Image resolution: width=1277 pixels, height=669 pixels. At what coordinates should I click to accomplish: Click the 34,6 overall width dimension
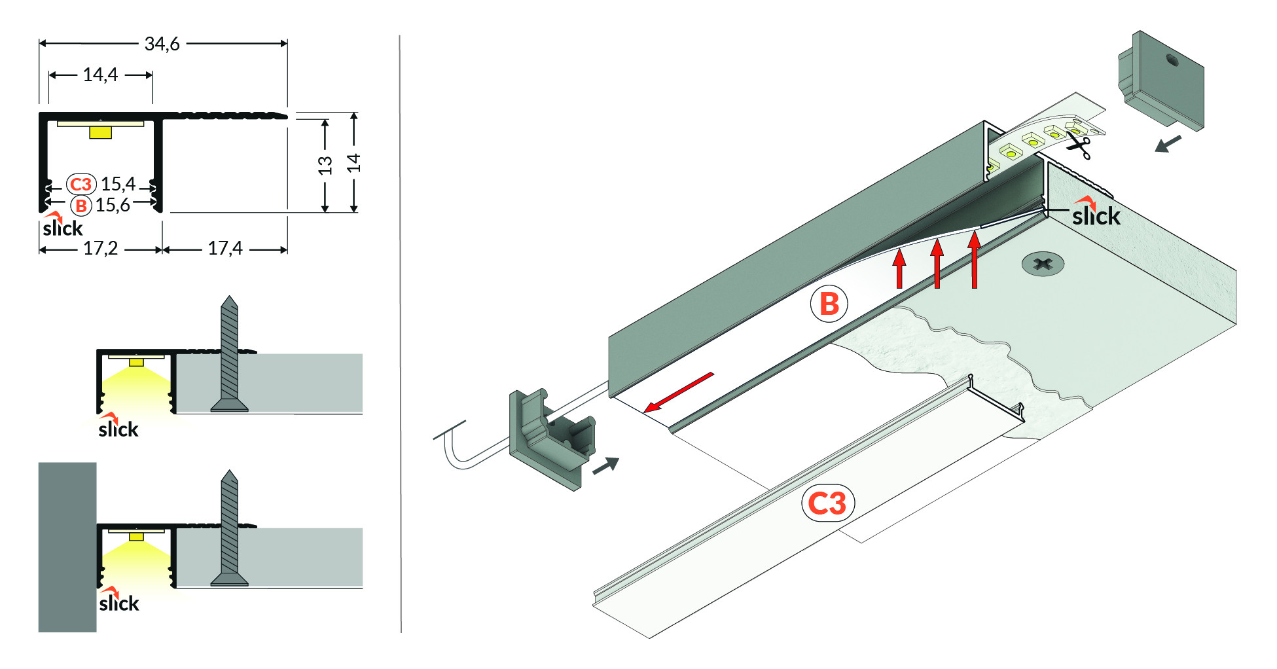tap(162, 44)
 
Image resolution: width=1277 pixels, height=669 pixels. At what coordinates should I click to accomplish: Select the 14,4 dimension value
tap(100, 75)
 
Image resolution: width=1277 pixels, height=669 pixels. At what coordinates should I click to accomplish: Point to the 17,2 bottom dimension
tap(100, 249)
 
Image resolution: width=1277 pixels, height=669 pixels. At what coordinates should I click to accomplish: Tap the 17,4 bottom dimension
tap(225, 249)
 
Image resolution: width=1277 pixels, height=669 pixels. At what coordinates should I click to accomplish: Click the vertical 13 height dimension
tap(325, 165)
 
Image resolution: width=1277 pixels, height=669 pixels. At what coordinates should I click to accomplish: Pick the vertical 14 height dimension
tap(353, 163)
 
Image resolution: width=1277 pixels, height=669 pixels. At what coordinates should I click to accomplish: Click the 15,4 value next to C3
tap(118, 184)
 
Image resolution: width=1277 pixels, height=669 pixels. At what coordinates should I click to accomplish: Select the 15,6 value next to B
tap(113, 206)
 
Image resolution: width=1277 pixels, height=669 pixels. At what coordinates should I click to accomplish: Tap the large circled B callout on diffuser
tap(829, 304)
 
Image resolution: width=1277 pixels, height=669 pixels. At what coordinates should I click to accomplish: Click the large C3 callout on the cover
tap(827, 503)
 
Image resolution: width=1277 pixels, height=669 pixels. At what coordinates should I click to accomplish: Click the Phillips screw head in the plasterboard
tap(1043, 264)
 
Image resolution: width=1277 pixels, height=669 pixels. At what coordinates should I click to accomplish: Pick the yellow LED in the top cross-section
tap(100, 133)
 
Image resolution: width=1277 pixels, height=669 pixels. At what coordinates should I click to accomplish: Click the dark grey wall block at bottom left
tap(67, 547)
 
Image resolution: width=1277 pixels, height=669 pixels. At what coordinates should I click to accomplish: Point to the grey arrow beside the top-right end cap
tap(1168, 143)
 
